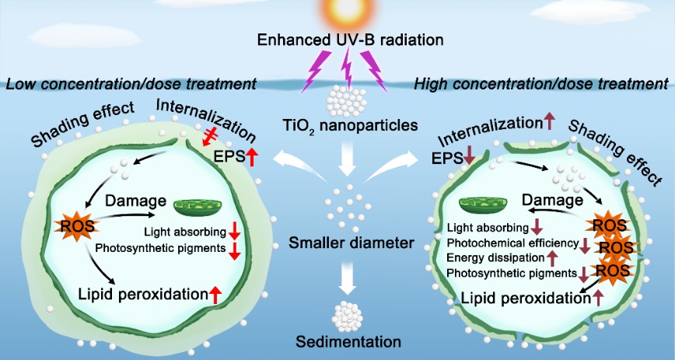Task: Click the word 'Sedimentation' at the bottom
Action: (337, 341)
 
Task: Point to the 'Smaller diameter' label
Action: (337, 245)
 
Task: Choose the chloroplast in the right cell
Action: (483, 205)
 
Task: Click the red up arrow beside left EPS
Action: (252, 158)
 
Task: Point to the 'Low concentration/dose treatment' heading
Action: (131, 82)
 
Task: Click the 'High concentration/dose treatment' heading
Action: (542, 82)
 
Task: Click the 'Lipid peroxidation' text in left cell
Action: (142, 294)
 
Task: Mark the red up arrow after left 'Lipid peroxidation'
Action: (215, 294)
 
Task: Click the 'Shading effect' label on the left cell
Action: (82, 124)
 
